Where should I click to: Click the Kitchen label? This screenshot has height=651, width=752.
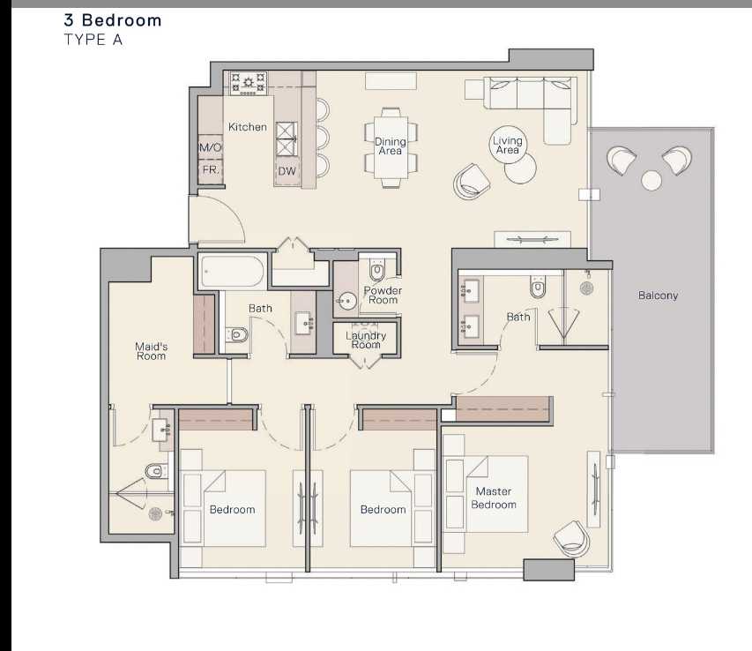(248, 127)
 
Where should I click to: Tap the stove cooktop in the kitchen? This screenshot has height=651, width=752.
(248, 83)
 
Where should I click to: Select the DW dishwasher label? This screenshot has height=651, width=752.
(287, 171)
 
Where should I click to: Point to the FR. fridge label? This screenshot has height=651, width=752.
(211, 170)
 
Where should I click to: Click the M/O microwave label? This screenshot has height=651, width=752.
(211, 147)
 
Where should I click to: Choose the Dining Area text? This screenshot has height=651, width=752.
(390, 146)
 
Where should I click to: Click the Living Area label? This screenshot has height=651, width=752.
(508, 145)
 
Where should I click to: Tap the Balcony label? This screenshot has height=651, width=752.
(658, 296)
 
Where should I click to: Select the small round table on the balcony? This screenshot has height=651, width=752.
(651, 181)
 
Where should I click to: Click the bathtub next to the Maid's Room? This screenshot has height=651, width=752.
(232, 271)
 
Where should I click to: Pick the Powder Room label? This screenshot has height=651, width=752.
(383, 295)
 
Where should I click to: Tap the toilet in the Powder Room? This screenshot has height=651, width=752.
(377, 270)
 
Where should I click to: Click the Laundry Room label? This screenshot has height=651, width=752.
(366, 340)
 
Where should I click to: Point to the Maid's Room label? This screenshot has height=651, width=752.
(151, 351)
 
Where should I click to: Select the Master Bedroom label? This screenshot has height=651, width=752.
(494, 498)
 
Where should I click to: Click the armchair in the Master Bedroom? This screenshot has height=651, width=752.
(571, 538)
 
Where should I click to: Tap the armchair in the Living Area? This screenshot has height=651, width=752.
(472, 182)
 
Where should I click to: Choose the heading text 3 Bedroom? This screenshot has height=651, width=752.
(113, 20)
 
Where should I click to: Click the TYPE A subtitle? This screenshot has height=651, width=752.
(93, 40)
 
